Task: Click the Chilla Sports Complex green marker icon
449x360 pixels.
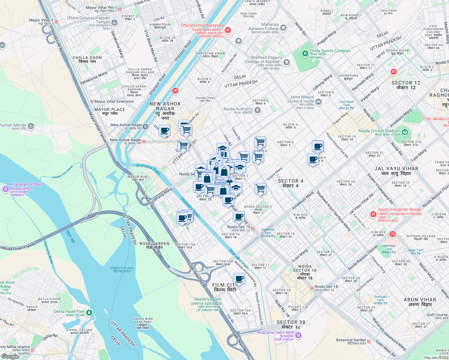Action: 305,53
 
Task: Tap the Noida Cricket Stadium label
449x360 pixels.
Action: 379,131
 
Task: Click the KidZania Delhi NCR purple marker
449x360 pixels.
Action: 298,335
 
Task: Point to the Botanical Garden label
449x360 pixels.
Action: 351,340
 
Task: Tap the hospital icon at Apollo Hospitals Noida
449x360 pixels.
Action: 373,214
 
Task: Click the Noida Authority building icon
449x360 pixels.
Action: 257,111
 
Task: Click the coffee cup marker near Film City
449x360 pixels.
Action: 239,278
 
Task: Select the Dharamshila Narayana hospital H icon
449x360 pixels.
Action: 228,30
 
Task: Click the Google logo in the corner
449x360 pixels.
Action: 10,356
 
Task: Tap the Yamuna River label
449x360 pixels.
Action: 48,252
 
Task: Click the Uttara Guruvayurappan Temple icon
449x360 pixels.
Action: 114,22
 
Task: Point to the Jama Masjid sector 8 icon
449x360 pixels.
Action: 318,102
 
